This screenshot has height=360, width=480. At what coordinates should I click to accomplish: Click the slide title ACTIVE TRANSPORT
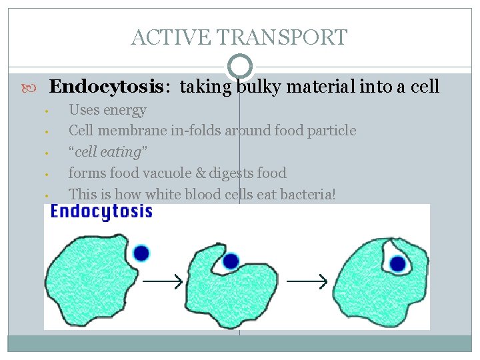tap(239, 37)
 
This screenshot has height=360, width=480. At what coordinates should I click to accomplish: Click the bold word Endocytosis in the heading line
tap(106, 87)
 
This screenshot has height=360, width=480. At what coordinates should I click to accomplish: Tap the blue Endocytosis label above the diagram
tap(101, 212)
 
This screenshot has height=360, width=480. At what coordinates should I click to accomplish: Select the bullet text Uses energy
tap(107, 110)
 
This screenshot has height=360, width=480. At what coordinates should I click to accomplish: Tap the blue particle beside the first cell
tap(141, 253)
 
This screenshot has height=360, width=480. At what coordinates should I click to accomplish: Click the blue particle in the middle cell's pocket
tap(231, 261)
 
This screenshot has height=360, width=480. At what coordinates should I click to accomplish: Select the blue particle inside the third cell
tap(398, 264)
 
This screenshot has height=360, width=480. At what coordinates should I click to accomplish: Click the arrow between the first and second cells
tap(163, 282)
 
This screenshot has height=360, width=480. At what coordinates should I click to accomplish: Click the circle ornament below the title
tap(239, 66)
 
